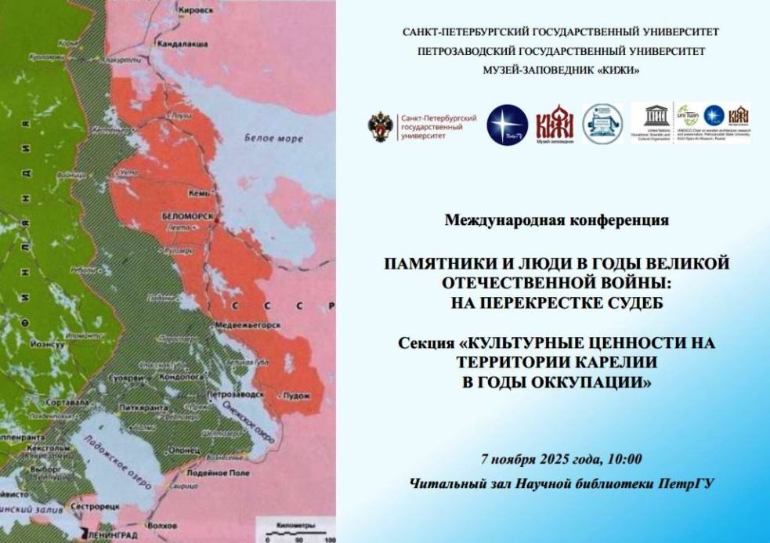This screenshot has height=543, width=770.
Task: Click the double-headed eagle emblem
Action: pyautogui.click(x=382, y=125)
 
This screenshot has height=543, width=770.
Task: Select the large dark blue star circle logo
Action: pyautogui.click(x=507, y=125)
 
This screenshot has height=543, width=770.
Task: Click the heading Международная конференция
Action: pyautogui.click(x=557, y=219)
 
